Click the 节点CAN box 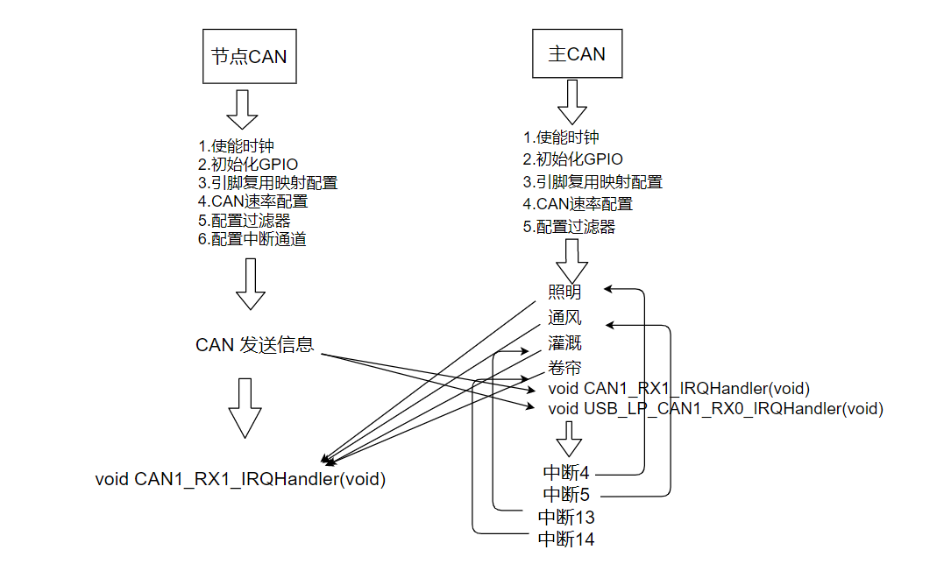click(249, 57)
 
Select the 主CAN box click(576, 54)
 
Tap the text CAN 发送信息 click(254, 345)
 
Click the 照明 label click(564, 293)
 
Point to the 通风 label click(564, 318)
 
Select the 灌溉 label click(564, 343)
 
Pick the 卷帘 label click(564, 368)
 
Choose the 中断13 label click(565, 518)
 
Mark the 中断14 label click(565, 539)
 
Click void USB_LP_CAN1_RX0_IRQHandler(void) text click(715, 409)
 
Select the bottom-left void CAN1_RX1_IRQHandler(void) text click(240, 480)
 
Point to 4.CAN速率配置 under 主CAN click(578, 205)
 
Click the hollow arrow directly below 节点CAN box click(242, 109)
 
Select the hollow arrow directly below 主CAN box click(572, 102)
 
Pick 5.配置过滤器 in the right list click(569, 228)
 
